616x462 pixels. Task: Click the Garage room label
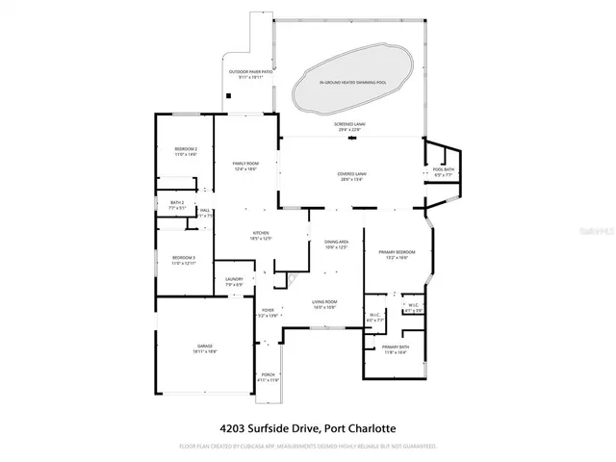click(x=204, y=347)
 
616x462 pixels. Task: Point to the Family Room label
click(x=246, y=166)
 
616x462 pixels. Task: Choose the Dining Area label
click(x=336, y=244)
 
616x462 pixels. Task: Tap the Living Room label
click(x=323, y=305)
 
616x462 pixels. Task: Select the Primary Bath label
click(x=395, y=348)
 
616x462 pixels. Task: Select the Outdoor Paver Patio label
click(x=252, y=74)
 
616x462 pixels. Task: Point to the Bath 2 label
click(x=176, y=204)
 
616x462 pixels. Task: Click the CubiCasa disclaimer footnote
click(x=308, y=447)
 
